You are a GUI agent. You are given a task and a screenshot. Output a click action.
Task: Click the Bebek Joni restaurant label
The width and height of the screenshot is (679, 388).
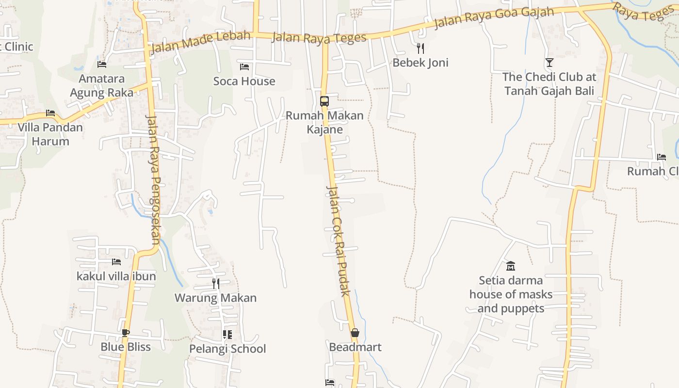(420, 63)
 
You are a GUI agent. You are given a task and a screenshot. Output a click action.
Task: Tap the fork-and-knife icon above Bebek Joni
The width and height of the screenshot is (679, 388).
(420, 48)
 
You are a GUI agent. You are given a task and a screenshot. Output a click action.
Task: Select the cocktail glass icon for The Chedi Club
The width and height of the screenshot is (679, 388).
(549, 62)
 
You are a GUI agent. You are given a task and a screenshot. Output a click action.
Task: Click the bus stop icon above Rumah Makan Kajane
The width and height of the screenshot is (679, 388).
(324, 101)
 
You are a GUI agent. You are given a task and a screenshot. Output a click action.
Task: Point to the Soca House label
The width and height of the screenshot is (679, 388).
(244, 81)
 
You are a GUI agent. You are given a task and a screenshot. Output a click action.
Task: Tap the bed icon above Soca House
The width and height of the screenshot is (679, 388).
(244, 66)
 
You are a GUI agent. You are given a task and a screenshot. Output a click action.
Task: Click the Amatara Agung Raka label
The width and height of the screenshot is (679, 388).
(101, 85)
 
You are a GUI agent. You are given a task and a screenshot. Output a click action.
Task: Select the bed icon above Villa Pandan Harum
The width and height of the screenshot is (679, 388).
(50, 113)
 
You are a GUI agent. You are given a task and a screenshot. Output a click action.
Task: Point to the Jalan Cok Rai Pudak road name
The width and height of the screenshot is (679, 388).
(338, 240)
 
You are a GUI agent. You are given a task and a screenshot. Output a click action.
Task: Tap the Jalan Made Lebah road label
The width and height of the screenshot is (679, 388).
(200, 42)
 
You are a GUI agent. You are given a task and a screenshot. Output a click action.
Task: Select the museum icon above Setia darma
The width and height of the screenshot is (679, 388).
(510, 266)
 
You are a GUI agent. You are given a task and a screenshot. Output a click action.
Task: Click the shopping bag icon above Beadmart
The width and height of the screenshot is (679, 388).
(355, 333)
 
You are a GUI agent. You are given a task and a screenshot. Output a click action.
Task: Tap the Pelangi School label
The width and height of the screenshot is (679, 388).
(227, 349)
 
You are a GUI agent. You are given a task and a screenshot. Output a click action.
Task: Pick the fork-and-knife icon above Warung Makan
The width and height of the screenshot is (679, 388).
(216, 283)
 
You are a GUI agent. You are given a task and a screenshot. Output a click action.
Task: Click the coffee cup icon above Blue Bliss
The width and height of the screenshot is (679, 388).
(126, 333)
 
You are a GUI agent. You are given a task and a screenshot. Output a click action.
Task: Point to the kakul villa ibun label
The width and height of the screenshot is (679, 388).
(116, 276)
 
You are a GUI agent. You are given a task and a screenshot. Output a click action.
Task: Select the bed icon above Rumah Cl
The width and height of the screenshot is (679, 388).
(661, 157)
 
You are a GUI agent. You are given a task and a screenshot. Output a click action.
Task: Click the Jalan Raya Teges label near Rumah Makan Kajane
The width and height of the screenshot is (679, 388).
(319, 37)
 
